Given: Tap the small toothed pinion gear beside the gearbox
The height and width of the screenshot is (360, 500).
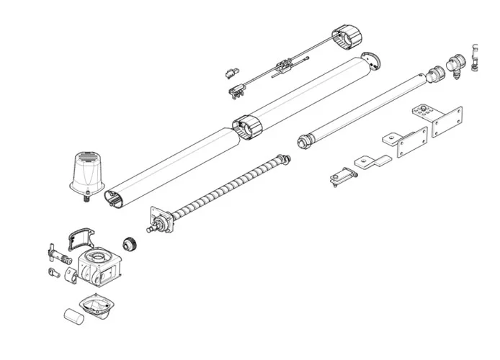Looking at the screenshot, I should (x=132, y=243).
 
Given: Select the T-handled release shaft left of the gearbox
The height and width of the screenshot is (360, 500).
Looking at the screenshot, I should (x=55, y=253).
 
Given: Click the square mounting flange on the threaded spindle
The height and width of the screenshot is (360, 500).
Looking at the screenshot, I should (x=159, y=219).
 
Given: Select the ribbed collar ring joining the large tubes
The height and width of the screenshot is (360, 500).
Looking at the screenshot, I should (x=246, y=127).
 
